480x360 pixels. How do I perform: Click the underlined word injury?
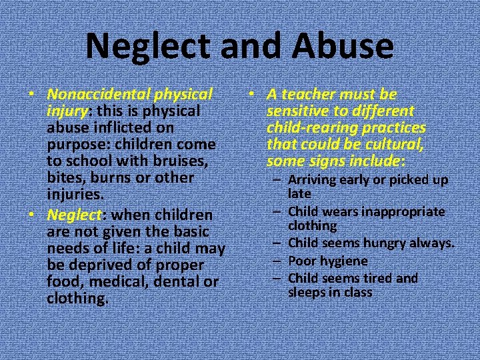(x=65, y=111)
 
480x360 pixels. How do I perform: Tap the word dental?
(x=173, y=282)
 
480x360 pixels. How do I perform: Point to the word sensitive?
(x=296, y=111)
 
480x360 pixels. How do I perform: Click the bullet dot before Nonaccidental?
(x=31, y=95)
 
